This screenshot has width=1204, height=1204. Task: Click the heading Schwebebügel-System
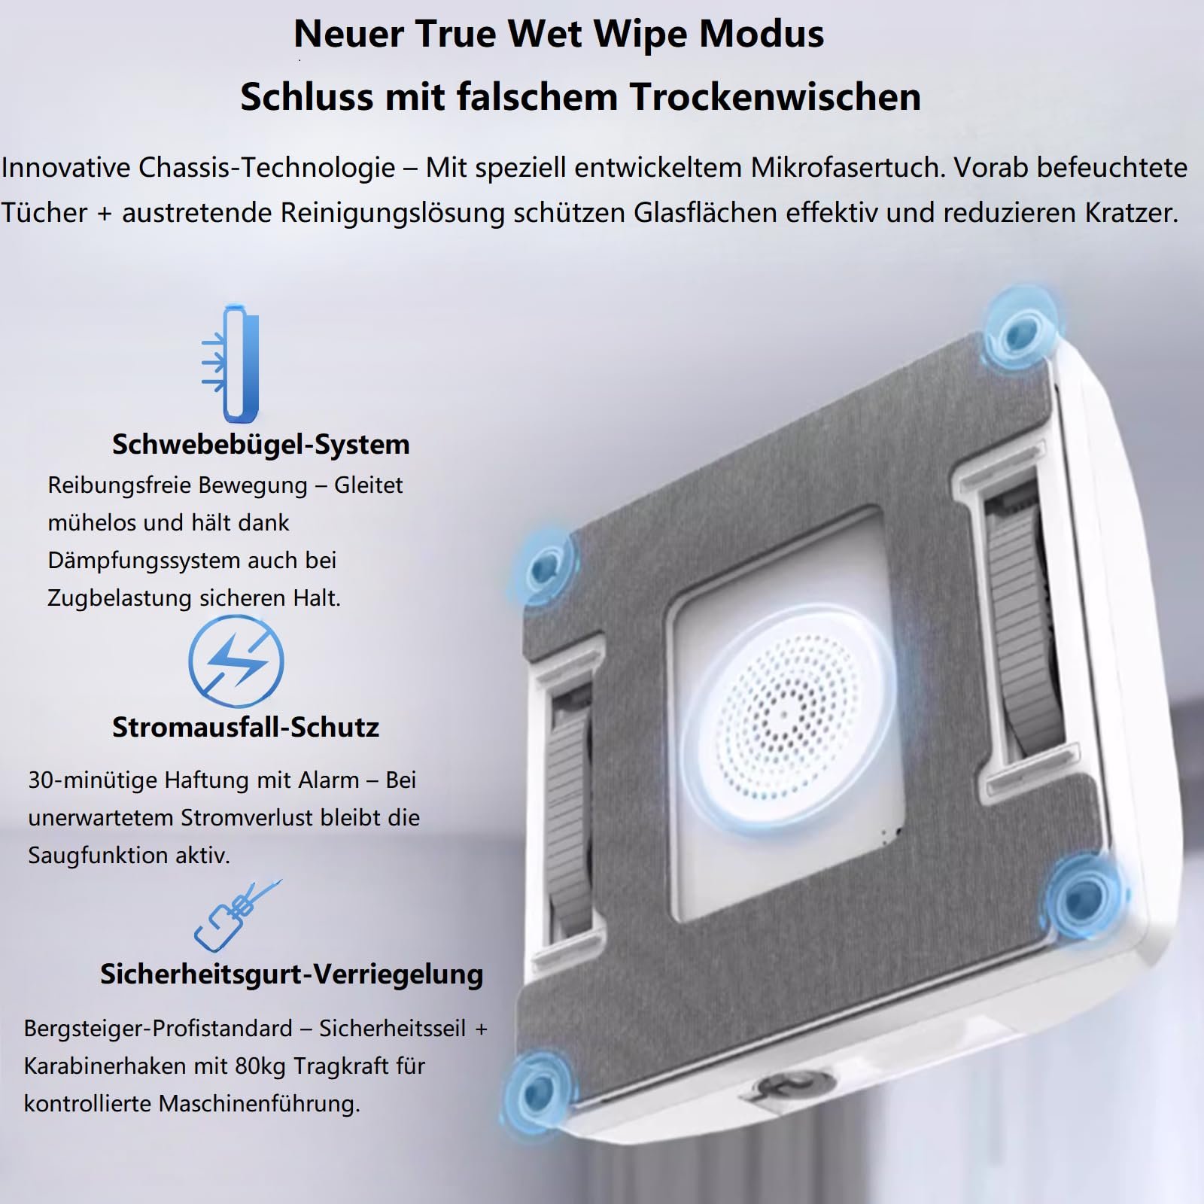coord(260,444)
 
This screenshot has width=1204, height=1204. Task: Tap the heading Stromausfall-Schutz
coord(245,727)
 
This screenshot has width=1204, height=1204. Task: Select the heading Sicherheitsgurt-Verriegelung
coord(291,974)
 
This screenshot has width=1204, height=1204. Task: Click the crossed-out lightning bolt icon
coord(236,661)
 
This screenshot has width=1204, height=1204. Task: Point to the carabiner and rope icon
coord(236,915)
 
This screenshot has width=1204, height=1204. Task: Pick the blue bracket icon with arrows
coord(231,363)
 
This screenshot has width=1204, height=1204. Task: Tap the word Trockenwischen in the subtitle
coord(775,96)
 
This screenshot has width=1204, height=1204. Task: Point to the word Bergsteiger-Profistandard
coord(158,1028)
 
